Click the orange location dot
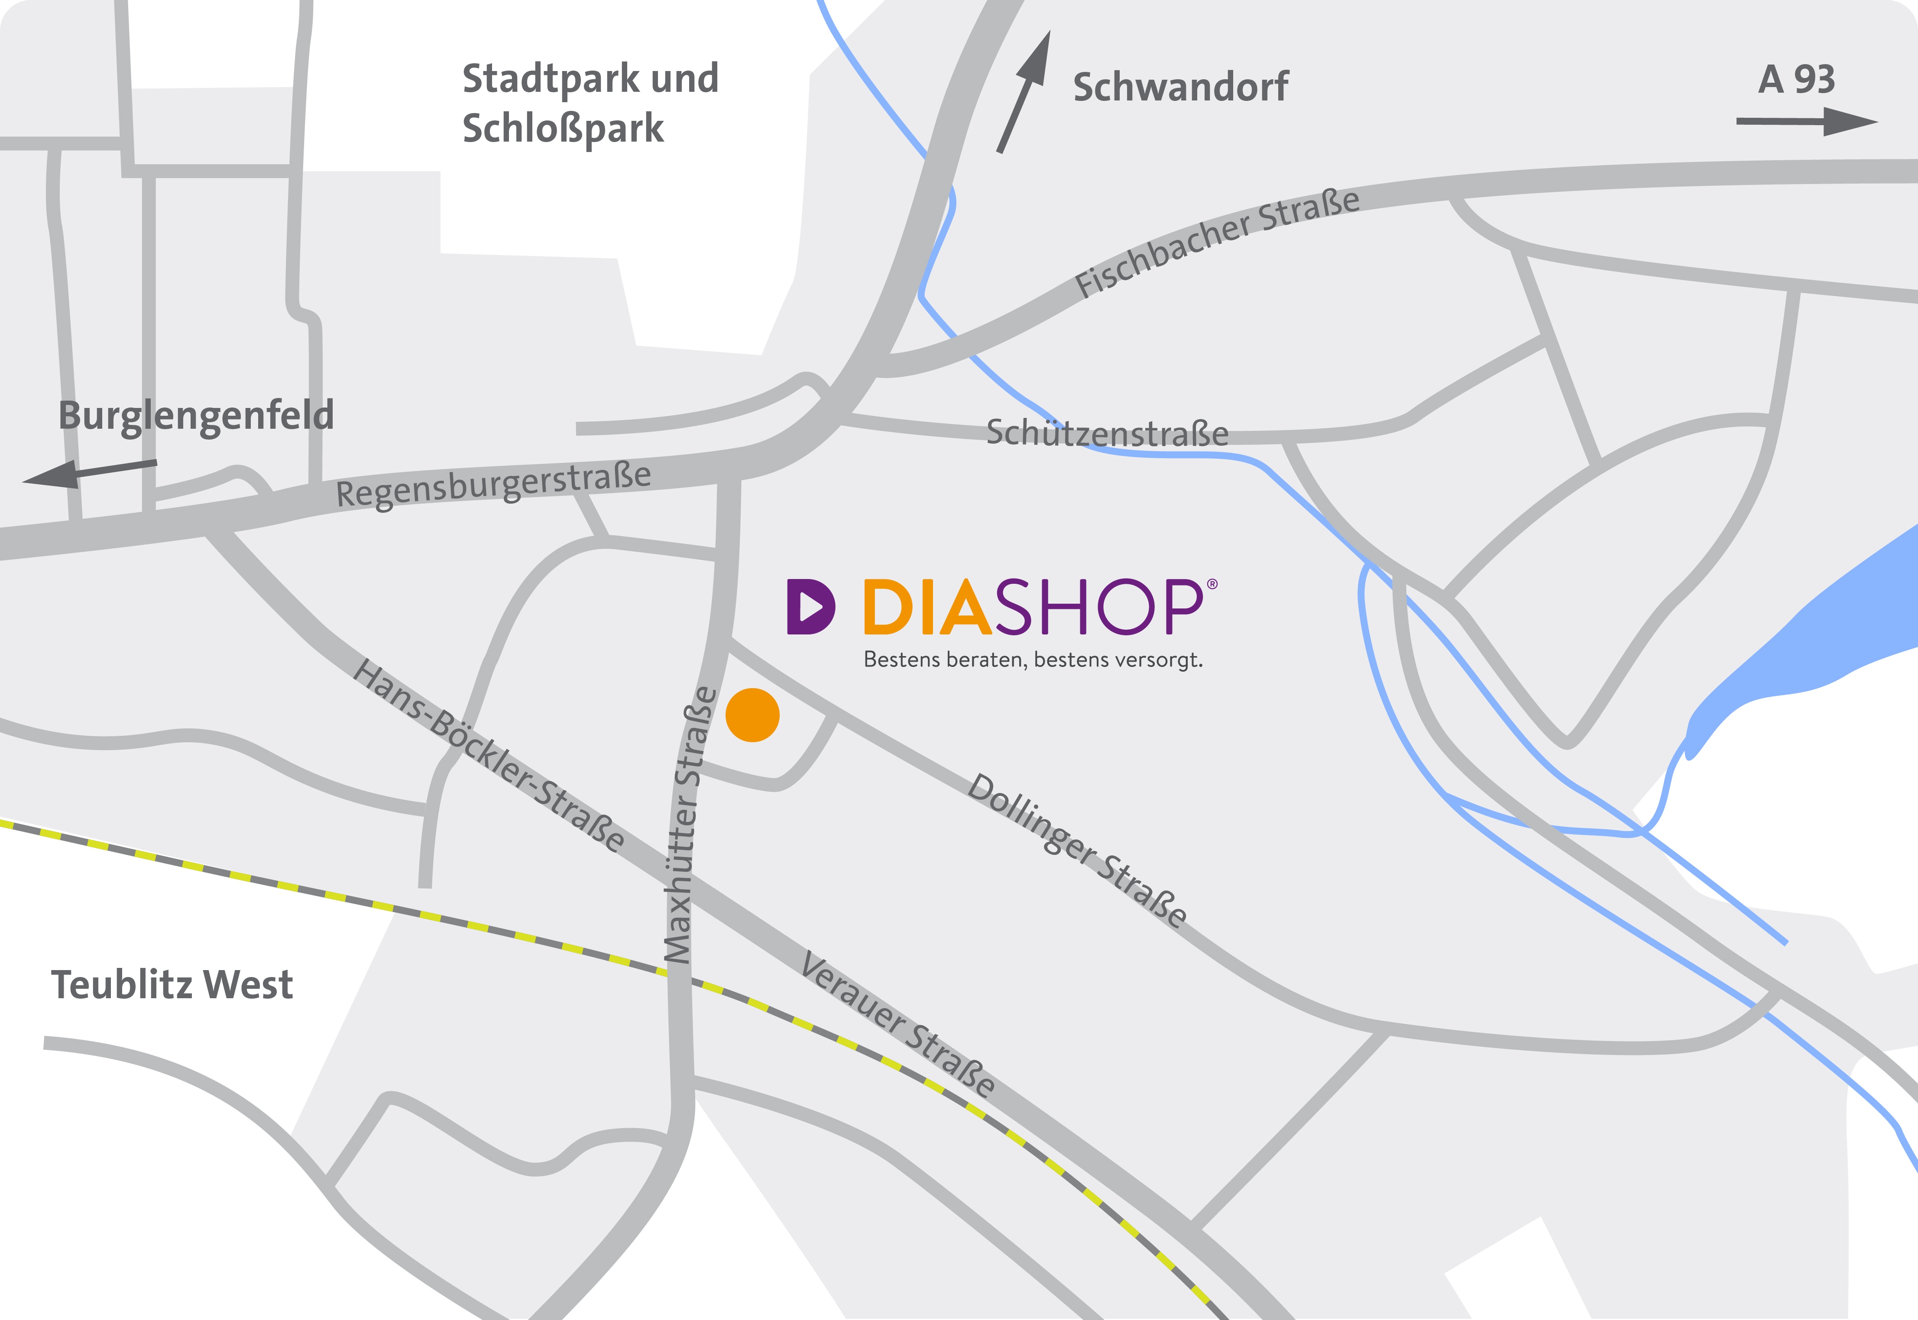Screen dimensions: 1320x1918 pyautogui.click(x=752, y=715)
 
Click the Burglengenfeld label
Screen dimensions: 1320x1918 pyautogui.click(x=196, y=415)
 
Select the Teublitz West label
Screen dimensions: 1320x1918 pyautogui.click(x=172, y=984)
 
